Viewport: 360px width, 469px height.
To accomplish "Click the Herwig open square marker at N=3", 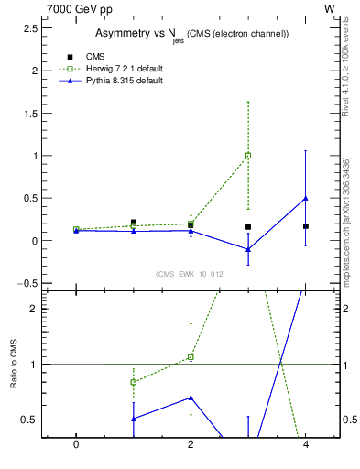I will pyautogui.click(x=248, y=156).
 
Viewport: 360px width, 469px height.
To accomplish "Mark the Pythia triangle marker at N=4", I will pyautogui.click(x=306, y=198).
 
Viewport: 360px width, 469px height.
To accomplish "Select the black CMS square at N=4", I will pyautogui.click(x=306, y=225).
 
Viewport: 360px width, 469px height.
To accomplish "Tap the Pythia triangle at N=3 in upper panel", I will pyautogui.click(x=248, y=249).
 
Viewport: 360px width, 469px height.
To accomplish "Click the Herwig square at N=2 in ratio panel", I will pyautogui.click(x=191, y=356).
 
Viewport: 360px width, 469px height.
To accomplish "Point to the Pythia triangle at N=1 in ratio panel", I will pyautogui.click(x=134, y=419).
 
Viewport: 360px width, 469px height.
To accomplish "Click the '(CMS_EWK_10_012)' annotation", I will pyautogui.click(x=191, y=274).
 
